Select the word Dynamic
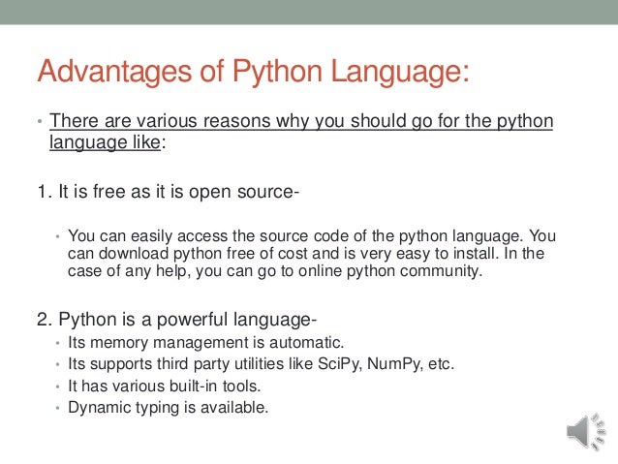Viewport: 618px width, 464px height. [x=99, y=408]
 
